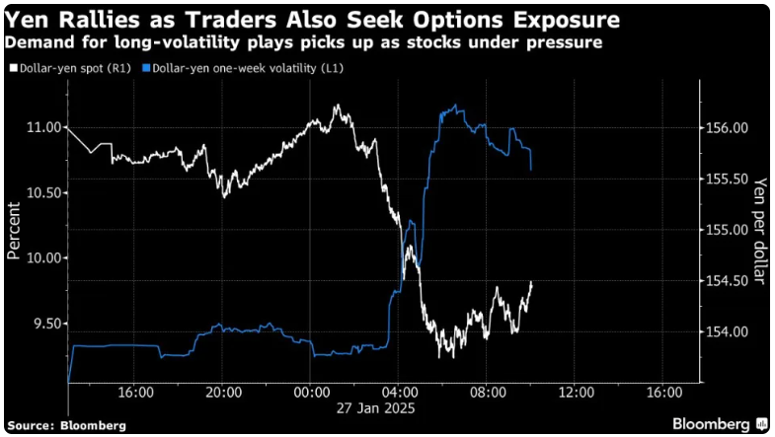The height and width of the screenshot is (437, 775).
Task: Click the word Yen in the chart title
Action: point(30,19)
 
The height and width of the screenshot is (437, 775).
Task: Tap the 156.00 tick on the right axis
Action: point(727,127)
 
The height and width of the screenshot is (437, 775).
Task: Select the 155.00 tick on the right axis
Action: point(727,230)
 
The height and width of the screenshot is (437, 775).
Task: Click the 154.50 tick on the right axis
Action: point(727,281)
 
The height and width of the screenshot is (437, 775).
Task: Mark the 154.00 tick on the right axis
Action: point(727,332)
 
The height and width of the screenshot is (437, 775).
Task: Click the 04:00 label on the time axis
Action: point(400,392)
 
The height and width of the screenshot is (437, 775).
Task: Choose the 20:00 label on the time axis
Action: point(224,392)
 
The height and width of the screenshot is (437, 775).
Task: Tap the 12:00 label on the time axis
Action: point(576,392)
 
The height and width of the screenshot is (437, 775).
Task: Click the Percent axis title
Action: point(14,230)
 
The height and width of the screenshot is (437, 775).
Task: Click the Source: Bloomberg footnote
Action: point(67,425)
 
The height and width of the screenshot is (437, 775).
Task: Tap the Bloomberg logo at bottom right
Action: point(717,423)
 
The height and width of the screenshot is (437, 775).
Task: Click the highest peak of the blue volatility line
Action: point(453,105)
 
